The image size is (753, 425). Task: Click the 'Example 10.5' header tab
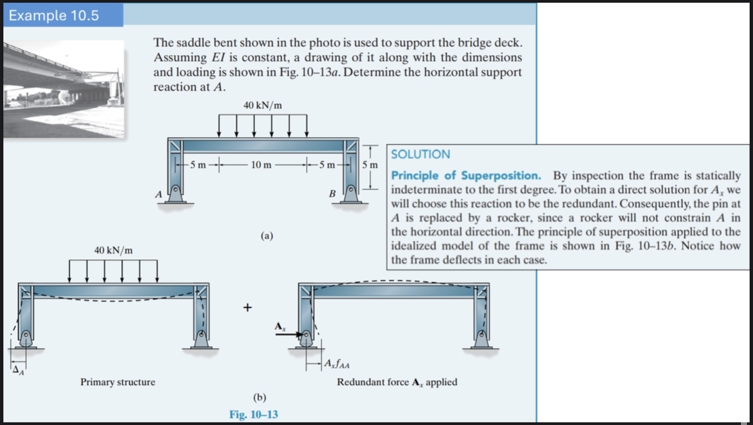click(54, 15)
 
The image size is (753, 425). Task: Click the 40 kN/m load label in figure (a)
click(262, 105)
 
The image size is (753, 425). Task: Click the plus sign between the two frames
click(248, 308)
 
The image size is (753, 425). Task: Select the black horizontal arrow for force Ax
click(286, 339)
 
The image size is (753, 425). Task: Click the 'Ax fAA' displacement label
click(337, 365)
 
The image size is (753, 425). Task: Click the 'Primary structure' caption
click(118, 382)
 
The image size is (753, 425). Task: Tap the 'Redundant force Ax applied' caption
click(397, 382)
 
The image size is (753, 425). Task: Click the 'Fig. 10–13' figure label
click(254, 414)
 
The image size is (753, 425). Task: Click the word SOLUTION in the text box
click(420, 154)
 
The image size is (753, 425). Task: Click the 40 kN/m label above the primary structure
click(113, 250)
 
